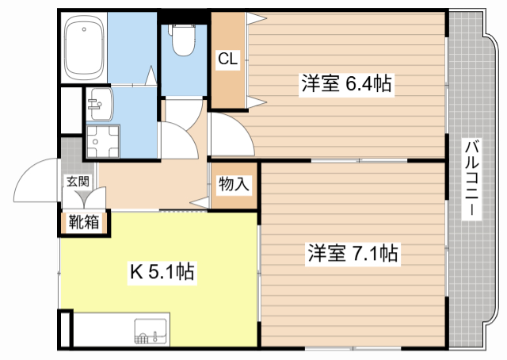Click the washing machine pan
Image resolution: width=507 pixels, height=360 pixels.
tap(100, 143)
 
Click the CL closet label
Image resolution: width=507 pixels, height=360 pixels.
tap(228, 58)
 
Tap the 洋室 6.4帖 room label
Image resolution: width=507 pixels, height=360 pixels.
tap(346, 83)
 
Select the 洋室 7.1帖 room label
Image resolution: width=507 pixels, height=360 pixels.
tap(352, 255)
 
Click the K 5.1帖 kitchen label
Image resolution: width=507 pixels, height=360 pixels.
tap(162, 274)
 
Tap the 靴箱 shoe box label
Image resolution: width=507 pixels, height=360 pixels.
tap(84, 221)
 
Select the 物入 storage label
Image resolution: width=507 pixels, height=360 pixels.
tap(234, 185)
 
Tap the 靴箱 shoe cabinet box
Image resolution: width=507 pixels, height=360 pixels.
tap(84, 222)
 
